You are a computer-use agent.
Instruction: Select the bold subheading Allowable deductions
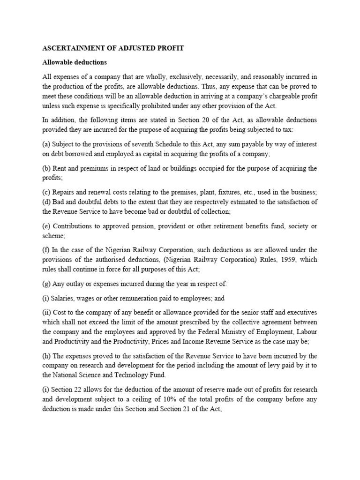tap(75, 62)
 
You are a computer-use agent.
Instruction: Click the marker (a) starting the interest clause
tap(47, 143)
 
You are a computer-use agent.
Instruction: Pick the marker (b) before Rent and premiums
tap(47, 169)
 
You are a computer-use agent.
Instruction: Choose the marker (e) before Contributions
tap(47, 226)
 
